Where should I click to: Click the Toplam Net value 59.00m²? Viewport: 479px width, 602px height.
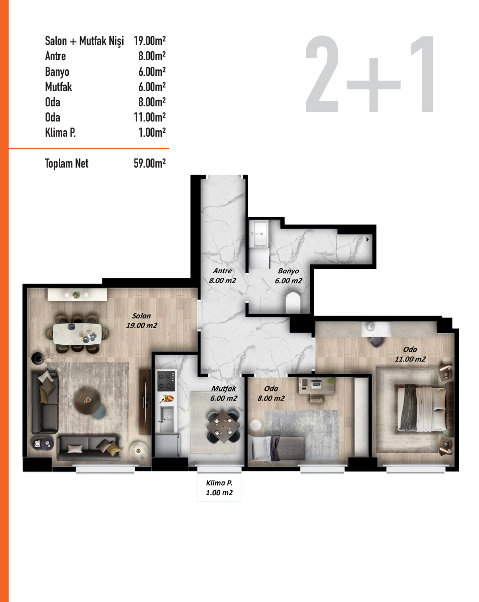pos(150,163)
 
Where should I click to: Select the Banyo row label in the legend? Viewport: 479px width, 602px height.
pos(57,71)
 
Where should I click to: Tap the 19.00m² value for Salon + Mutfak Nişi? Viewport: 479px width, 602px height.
pos(150,41)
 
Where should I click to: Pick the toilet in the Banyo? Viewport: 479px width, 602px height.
pos(293,303)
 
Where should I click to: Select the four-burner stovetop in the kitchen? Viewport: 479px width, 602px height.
pos(166,381)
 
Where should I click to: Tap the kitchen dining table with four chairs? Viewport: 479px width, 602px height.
pos(223,426)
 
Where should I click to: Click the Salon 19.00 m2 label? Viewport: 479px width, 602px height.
pos(142,320)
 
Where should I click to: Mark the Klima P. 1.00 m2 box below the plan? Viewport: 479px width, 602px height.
pos(219,488)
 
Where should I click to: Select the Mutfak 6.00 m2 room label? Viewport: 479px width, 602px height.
pos(223,394)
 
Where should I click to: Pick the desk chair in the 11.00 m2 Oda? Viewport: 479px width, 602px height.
pos(376,341)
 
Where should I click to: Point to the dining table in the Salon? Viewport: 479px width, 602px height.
pos(81,333)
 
